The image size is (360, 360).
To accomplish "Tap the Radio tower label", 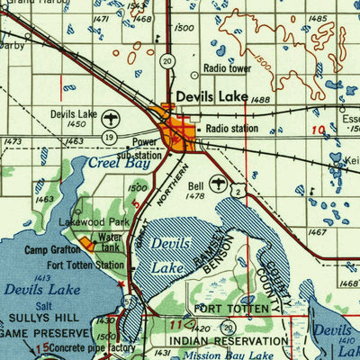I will pyautogui.click(x=228, y=67).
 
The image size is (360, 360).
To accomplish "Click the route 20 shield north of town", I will pyautogui.click(x=167, y=61).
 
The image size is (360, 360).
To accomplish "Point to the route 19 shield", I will pyautogui.click(x=108, y=137).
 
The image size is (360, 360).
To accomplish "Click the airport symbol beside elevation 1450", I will pyautogui.click(x=110, y=119).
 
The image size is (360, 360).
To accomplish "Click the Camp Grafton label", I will pyautogui.click(x=52, y=250).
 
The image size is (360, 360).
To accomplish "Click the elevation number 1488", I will pyautogui.click(x=263, y=101).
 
